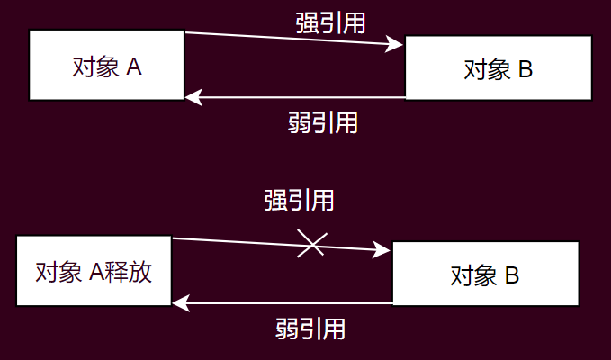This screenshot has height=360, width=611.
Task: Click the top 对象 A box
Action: pos(106,66)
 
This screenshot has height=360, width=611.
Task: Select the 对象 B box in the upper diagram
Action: pos(499,67)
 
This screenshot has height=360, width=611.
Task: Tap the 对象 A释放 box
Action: pos(94,271)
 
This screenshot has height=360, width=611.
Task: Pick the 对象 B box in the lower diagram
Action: pos(484,274)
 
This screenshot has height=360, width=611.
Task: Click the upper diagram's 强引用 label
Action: pos(330,22)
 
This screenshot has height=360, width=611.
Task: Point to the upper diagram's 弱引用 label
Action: pos(323,122)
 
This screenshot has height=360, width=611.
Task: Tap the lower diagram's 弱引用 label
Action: pos(310,328)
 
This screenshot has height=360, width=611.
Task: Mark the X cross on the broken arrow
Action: pos(311,244)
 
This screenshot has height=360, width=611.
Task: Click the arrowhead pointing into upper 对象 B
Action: pos(397,44)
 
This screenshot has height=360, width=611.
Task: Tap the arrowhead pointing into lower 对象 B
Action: pos(384,252)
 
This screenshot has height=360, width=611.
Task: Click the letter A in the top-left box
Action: pos(134,67)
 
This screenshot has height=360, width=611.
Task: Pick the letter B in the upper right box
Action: pos(526,68)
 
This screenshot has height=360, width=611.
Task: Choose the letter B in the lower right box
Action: pos(512,274)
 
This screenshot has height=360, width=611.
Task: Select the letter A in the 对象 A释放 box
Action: pos(99,272)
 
